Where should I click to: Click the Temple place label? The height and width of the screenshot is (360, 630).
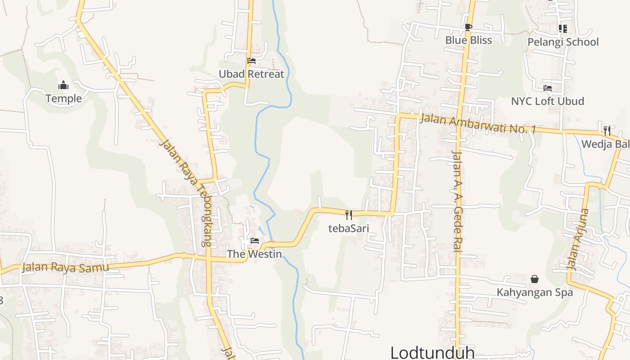(63, 99)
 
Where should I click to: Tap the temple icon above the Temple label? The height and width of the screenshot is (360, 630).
(63, 85)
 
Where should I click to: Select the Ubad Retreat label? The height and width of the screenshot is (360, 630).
(251, 74)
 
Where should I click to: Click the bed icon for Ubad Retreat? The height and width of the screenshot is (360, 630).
(252, 60)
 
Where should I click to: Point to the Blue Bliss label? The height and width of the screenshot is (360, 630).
(468, 40)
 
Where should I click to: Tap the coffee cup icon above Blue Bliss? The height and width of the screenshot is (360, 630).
(468, 27)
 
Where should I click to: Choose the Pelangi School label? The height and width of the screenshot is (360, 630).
(563, 42)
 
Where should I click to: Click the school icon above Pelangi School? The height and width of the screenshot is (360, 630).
(562, 29)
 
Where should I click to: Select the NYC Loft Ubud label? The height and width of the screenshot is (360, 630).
(547, 101)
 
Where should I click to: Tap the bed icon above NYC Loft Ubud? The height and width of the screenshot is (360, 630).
(547, 88)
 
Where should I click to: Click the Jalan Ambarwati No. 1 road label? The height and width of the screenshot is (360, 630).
(478, 123)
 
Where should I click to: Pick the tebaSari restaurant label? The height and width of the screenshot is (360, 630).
(348, 228)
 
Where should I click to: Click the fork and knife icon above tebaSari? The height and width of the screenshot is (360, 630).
(348, 215)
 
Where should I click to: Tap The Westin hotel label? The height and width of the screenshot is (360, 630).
(254, 254)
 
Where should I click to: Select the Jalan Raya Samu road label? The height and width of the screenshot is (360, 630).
(66, 267)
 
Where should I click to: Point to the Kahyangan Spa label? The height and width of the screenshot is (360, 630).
(535, 292)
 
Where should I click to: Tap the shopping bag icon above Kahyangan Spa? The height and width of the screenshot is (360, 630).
(535, 279)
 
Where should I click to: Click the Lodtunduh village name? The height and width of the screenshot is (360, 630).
(432, 352)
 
